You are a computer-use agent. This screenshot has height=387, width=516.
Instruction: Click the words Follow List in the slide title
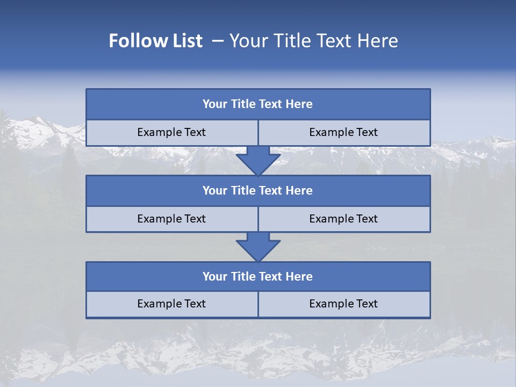[156, 41]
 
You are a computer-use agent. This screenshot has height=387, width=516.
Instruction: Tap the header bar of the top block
[258, 104]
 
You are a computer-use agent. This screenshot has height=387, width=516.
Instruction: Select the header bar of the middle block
[258, 191]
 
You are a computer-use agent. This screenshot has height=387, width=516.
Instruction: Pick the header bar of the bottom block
[258, 277]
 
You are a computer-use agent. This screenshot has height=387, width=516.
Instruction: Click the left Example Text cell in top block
[172, 132]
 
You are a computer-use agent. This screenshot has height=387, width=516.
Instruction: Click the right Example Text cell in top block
[344, 132]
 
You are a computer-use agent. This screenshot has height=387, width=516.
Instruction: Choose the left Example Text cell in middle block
[172, 219]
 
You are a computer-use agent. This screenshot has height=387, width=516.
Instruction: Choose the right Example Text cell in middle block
[344, 219]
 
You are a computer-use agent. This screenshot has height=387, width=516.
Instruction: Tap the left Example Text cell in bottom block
[172, 304]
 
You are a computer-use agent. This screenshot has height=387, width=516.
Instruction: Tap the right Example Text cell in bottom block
[344, 304]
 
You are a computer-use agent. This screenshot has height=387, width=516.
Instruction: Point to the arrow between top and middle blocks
[258, 160]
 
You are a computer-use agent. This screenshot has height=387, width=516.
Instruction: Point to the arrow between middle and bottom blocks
[258, 247]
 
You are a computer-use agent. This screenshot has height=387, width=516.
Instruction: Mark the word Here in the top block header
[299, 104]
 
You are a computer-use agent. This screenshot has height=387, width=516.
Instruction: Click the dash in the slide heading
[218, 41]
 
